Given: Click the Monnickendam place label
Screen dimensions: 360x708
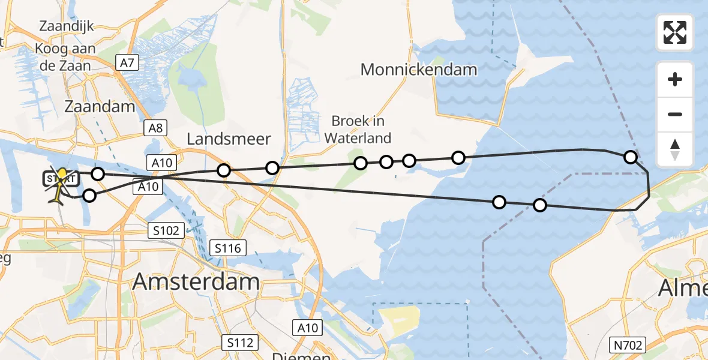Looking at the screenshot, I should [x=419, y=70].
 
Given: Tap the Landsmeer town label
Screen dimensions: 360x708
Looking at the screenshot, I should [x=229, y=139].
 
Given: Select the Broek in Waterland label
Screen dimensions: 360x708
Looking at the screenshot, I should [x=358, y=130].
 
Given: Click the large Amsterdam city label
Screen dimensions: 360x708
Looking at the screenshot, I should [x=196, y=281].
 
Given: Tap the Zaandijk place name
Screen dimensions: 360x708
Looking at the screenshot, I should [x=66, y=26].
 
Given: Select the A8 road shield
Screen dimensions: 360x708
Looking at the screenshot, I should [x=155, y=128].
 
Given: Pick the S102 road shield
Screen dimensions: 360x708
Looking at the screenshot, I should [x=164, y=230].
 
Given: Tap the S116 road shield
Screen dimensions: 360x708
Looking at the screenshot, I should [x=228, y=247].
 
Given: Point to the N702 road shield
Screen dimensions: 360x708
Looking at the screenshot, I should [x=628, y=345].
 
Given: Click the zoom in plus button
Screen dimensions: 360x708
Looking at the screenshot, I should [x=675, y=80].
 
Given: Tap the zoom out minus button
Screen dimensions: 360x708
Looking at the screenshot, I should [x=675, y=115].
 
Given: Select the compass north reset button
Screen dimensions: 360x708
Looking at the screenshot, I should [x=675, y=149].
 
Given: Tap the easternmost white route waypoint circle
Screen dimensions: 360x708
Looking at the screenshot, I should [x=630, y=157].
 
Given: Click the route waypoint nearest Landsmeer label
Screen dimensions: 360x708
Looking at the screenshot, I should [x=224, y=170].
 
